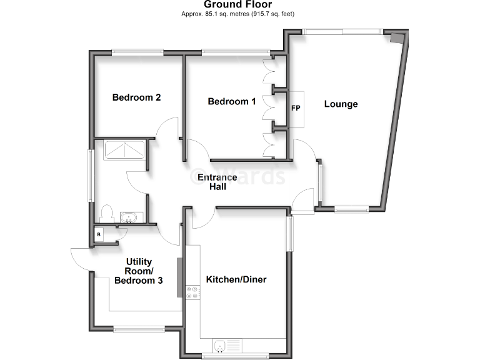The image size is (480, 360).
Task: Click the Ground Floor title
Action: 238,4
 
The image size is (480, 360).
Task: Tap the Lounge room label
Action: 341,104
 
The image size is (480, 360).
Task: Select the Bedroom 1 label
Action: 232,101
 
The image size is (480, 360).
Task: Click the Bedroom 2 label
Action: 137,97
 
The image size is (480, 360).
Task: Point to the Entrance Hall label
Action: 217,182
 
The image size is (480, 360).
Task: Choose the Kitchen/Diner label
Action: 236,279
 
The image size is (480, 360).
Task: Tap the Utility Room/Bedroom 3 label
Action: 139,271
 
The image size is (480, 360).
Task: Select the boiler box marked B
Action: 99,234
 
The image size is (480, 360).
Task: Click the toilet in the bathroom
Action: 106,213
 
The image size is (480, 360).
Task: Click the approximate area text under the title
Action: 238,13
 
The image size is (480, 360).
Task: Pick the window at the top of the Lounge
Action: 342,31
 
